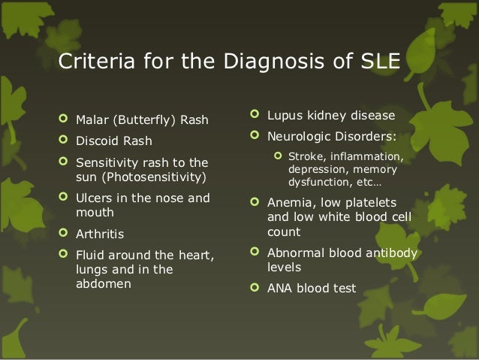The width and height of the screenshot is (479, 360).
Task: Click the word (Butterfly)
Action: pos(148,120)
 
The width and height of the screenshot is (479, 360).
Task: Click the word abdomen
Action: pos(104,284)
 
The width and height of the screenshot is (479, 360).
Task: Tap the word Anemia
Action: pos(290,203)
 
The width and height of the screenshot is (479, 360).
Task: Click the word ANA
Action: pos(281,287)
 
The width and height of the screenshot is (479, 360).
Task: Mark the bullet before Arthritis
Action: pos(64,234)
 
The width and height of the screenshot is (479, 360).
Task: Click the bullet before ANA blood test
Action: pos(256,287)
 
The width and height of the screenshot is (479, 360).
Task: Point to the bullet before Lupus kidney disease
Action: pos(256,116)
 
